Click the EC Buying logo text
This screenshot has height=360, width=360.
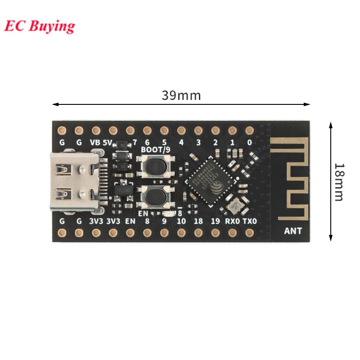pyautogui.click(x=40, y=26)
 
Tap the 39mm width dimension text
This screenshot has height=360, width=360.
pyautogui.click(x=181, y=96)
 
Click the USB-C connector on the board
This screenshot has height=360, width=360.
pyautogui.click(x=74, y=182)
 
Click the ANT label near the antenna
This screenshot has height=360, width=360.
pyautogui.click(x=293, y=231)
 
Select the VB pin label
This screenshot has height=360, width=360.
pyautogui.click(x=95, y=142)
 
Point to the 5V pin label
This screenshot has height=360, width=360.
pyautogui.click(x=108, y=142)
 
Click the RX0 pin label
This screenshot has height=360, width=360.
pyautogui.click(x=232, y=221)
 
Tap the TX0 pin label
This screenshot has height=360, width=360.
pyautogui.click(x=249, y=221)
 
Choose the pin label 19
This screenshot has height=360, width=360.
pyautogui.click(x=215, y=221)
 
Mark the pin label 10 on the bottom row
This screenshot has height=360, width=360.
pyautogui.click(x=181, y=221)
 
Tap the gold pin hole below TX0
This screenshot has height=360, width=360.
pyautogui.click(x=249, y=233)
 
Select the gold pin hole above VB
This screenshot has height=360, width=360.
pyautogui.click(x=96, y=130)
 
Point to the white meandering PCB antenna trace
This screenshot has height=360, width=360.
pyautogui.click(x=292, y=180)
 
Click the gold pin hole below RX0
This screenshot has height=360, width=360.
pyautogui.click(x=232, y=233)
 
